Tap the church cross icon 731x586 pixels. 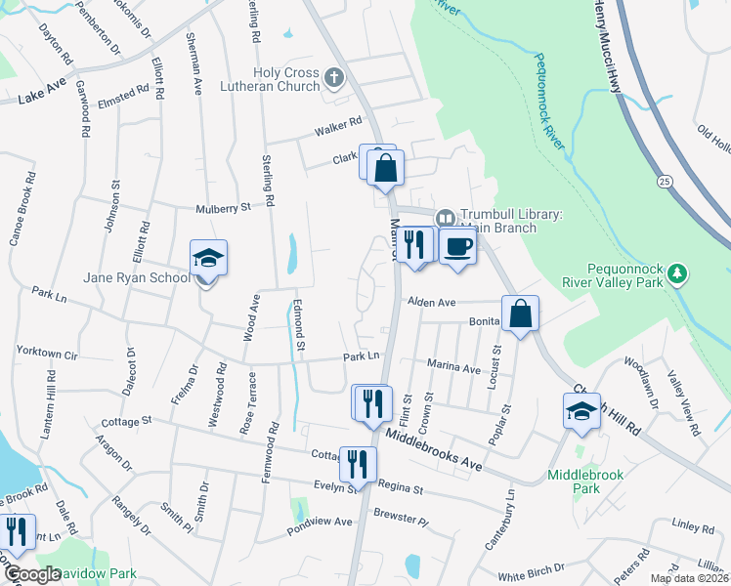(334, 76)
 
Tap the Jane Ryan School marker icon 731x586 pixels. (208, 260)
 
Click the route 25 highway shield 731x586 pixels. (666, 182)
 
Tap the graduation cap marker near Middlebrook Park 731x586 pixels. (581, 411)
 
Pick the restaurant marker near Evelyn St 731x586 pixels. (358, 463)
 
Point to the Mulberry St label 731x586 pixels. (224, 207)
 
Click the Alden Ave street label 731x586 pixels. (433, 304)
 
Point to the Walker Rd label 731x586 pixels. (338, 128)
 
